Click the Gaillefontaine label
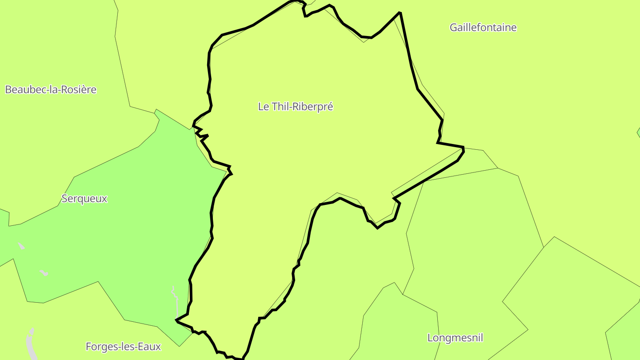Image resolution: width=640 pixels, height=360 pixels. click(483, 28)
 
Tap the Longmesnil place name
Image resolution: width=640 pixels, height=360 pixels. click(455, 338)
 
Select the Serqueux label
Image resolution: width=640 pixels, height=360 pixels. click(84, 199)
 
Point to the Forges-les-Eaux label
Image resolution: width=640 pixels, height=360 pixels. click(123, 347)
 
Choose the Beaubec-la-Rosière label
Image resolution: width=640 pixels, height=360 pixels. click(51, 90)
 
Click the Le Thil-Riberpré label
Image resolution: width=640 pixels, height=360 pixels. click(296, 107)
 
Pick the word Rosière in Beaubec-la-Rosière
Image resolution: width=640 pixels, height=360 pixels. click(80, 90)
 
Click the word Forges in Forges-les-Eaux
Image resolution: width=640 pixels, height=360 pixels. click(100, 347)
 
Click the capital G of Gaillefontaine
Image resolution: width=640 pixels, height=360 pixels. click(453, 28)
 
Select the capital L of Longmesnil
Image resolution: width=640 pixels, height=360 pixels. click(430, 338)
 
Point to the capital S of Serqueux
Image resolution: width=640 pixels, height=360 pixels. click(64, 199)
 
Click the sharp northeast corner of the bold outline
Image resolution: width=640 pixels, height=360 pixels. click(400, 12)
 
